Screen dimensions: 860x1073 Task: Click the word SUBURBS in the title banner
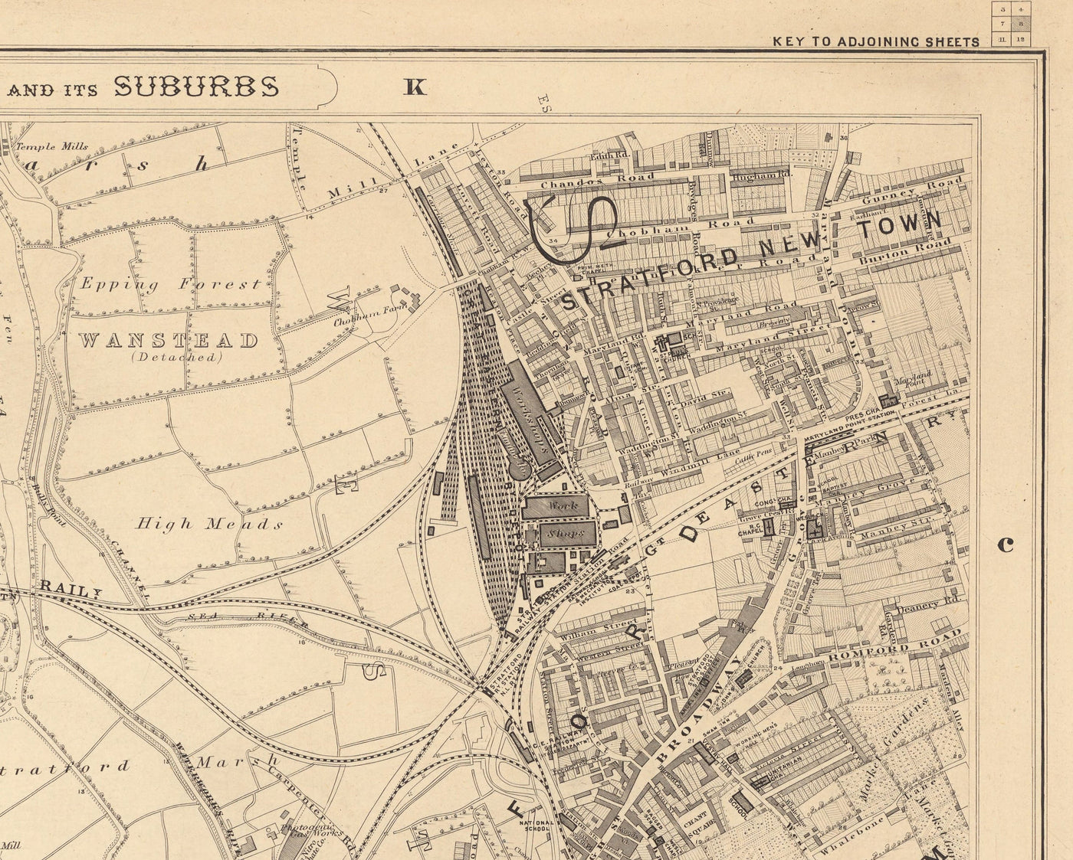(x=196, y=87)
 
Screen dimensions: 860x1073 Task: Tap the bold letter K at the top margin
(x=415, y=87)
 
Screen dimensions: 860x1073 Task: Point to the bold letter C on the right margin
(x=1006, y=544)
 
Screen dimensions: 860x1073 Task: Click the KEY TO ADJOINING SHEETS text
(x=875, y=42)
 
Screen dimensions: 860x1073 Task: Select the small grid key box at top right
(x=1012, y=23)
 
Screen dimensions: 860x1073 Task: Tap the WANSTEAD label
(x=168, y=341)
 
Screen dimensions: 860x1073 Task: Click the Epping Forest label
(x=170, y=284)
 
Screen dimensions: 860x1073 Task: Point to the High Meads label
(x=209, y=525)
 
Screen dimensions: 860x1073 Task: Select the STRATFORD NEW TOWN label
(x=751, y=258)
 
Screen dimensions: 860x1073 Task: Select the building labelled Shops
(x=567, y=534)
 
